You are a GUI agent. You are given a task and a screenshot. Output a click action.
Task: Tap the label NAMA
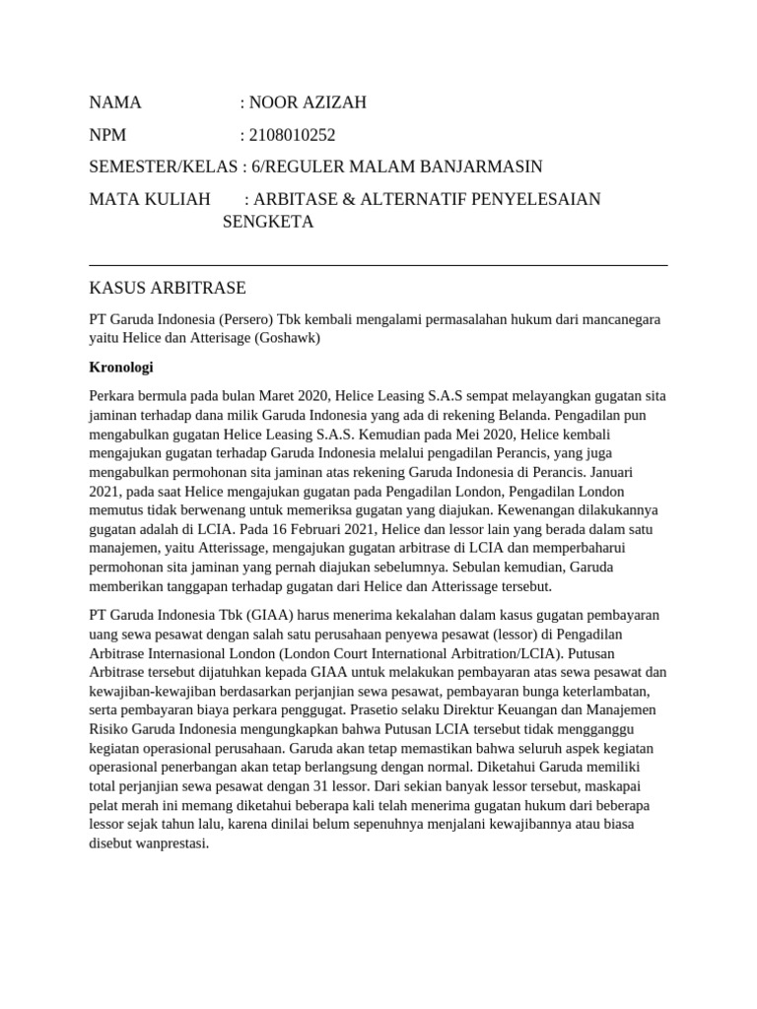(115, 102)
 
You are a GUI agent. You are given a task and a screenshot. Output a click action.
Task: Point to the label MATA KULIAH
(150, 200)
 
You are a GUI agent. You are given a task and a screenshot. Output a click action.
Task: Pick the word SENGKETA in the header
(268, 222)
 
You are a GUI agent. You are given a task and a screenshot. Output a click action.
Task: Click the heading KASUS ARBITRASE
(167, 288)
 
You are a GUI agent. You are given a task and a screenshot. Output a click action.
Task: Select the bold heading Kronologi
(121, 367)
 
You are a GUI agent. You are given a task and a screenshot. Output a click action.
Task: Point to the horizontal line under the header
(378, 265)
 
